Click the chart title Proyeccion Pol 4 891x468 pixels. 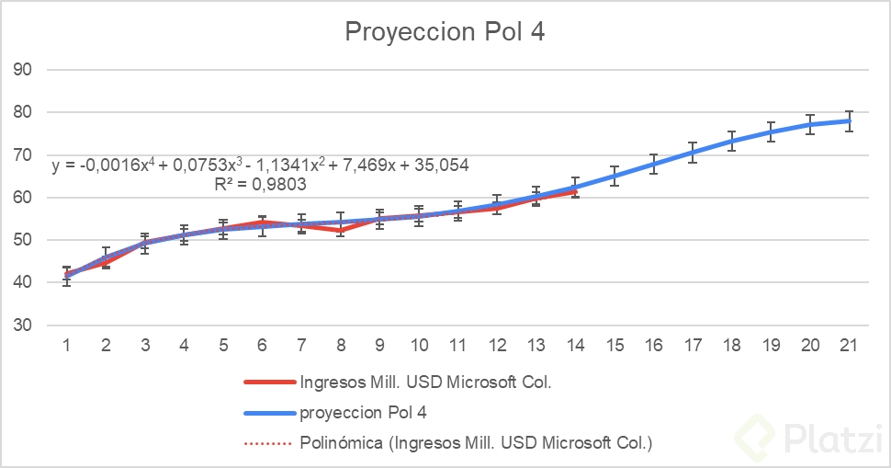pos(445,31)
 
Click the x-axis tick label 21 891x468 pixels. pos(849,345)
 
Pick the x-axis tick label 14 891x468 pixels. pos(575,345)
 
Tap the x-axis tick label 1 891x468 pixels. pos(67,345)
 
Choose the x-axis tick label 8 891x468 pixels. pos(341,345)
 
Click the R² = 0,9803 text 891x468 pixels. pos(259,184)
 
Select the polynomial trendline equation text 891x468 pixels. pos(261,166)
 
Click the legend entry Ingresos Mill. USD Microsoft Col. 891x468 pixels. pos(425,382)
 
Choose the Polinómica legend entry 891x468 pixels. pos(476,442)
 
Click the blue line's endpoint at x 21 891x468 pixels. pos(849,121)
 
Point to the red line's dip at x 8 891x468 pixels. pos(341,231)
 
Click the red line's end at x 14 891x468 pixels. pos(575,191)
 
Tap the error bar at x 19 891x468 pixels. pos(771,131)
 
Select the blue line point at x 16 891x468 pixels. pos(653,165)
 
